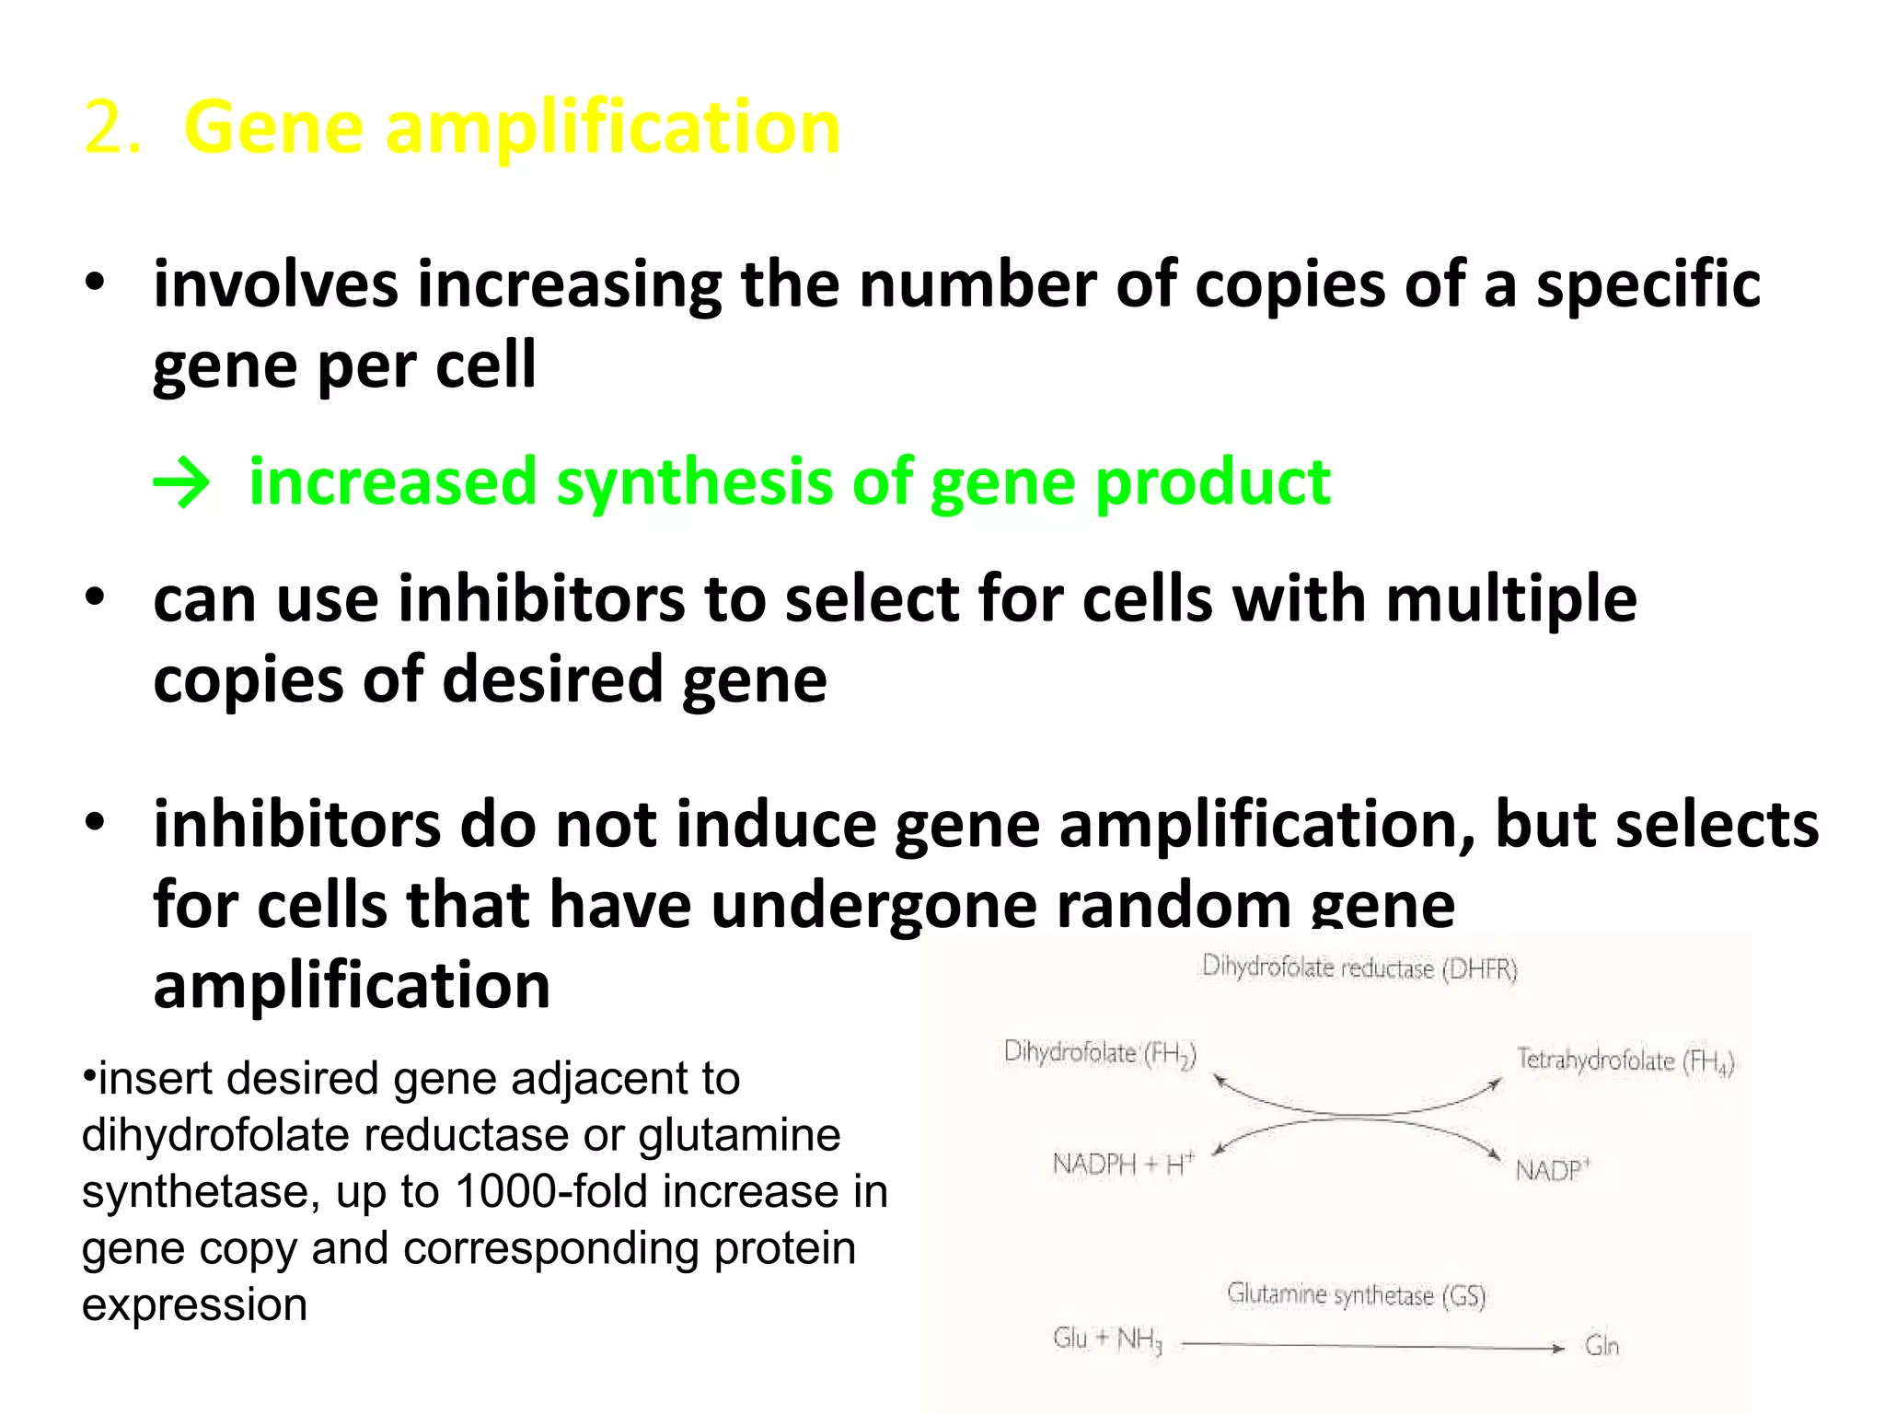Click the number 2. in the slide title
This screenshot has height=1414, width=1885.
tap(111, 127)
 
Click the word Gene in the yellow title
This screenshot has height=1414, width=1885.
tap(273, 127)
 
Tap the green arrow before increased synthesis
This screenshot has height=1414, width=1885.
tap(181, 482)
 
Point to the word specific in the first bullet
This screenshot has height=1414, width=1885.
tap(1648, 284)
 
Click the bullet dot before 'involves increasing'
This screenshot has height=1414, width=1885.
tap(95, 284)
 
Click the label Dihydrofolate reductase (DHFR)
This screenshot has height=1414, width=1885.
tap(1359, 968)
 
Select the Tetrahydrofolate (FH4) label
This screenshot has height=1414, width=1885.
tap(1625, 1060)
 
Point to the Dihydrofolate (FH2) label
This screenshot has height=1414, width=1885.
tap(1100, 1053)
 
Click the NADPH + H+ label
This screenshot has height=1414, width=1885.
tap(1123, 1165)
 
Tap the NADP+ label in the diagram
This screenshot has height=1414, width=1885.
tap(1552, 1170)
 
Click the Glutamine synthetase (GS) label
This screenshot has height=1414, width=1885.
tap(1357, 1295)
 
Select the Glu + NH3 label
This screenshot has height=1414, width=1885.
tap(1107, 1339)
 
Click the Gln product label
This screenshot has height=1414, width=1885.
tap(1602, 1346)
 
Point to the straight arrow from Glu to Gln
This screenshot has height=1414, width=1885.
tap(1371, 1347)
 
